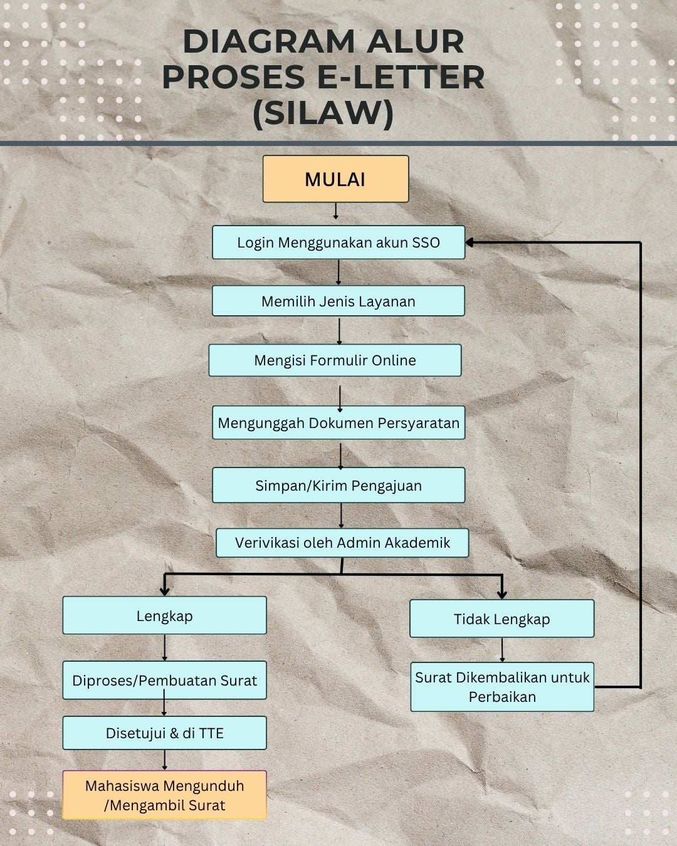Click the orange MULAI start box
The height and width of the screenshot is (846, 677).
[x=335, y=179]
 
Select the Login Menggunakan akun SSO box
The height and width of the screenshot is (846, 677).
[x=338, y=242]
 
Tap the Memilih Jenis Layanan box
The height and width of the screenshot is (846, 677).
[x=338, y=301]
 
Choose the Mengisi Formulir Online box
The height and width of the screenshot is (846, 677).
[x=335, y=360]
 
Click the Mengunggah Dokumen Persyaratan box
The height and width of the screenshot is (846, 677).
[x=338, y=422]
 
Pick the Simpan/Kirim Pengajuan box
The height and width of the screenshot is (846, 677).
[x=338, y=485]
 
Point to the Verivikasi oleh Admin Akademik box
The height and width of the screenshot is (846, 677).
[x=342, y=543]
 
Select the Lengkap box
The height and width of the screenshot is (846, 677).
[x=164, y=615]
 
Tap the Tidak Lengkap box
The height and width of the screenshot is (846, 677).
[x=501, y=619]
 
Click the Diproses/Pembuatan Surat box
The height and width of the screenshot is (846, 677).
[x=164, y=680]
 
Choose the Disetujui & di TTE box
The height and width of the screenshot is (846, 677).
[x=164, y=733]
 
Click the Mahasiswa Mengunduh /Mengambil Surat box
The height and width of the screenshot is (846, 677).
[x=164, y=795]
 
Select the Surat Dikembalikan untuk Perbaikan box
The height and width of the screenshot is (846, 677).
[x=502, y=687]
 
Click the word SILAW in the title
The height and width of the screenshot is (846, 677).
[x=323, y=113]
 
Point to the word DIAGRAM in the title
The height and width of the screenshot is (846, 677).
[x=269, y=41]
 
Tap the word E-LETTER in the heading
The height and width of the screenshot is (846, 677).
[x=401, y=76]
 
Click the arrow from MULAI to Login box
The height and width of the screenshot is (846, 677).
[x=335, y=211]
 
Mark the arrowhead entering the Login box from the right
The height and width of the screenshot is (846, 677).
[x=470, y=243]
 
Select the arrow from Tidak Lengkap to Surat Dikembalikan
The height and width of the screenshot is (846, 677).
[x=502, y=650]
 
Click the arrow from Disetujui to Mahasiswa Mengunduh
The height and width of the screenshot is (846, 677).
[x=164, y=760]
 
